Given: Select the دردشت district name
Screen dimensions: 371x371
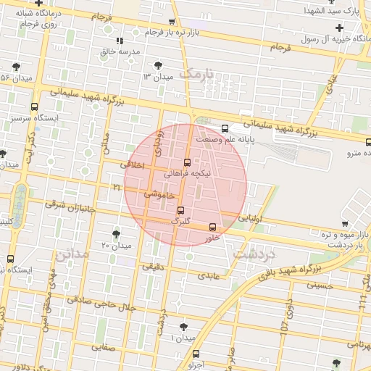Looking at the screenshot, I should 254,254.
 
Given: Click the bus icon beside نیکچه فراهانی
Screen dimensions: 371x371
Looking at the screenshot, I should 188,162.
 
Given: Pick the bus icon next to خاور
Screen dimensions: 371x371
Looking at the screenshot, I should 212,227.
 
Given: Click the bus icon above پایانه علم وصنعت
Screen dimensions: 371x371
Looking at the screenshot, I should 225,128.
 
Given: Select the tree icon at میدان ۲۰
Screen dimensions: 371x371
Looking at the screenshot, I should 116,233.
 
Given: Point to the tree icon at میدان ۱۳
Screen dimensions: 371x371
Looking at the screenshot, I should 159,64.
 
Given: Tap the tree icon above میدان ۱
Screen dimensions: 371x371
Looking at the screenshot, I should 183,327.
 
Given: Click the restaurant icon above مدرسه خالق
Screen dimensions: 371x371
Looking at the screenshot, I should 120,41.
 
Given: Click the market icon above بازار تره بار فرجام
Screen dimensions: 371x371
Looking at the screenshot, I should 171,22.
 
